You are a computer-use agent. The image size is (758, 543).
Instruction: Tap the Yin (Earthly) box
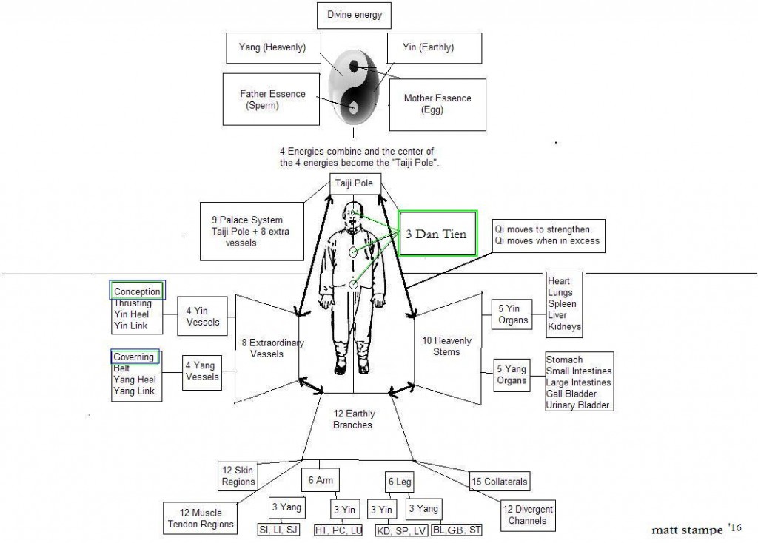coord(439,48)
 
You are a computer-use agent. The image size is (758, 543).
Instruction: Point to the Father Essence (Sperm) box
coord(267,100)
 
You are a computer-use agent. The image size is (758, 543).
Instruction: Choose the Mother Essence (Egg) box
coord(437,104)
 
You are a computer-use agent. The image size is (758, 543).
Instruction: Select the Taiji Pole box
coord(355,183)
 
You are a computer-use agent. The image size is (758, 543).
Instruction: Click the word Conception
coord(137,291)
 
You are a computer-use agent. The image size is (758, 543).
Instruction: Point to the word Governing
coord(134,357)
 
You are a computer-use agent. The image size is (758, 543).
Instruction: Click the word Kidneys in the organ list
coord(565,326)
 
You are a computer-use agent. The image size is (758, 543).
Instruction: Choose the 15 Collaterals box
coord(500,482)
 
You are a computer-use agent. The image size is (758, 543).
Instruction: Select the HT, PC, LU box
coord(344,530)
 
